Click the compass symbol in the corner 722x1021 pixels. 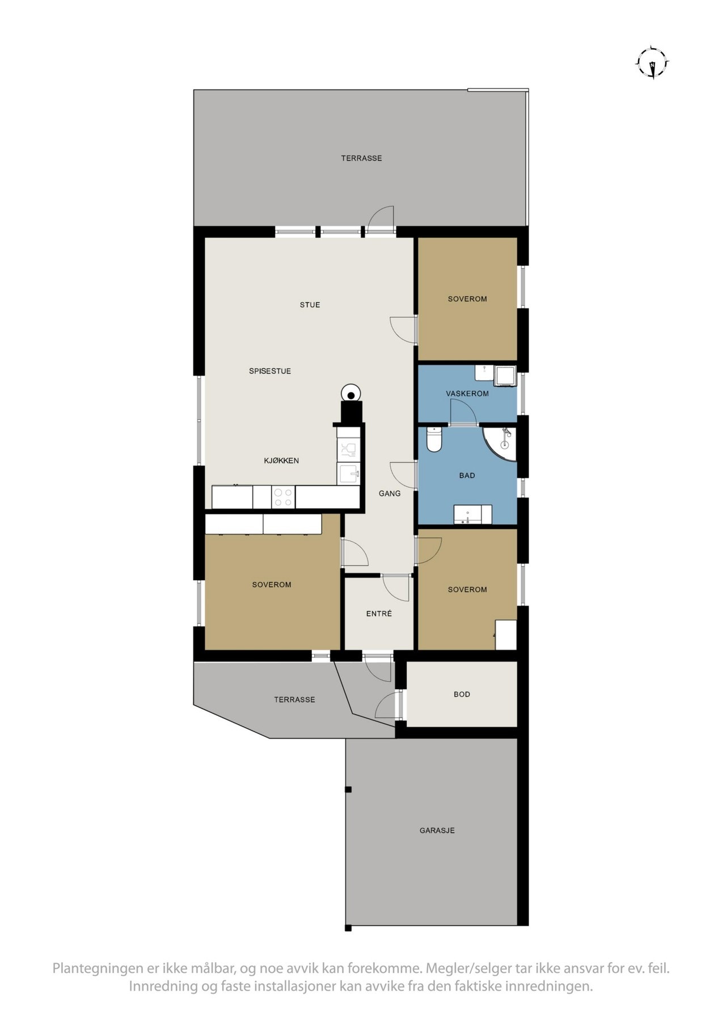tap(653, 62)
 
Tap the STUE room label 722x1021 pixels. tap(310, 305)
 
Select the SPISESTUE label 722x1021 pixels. tap(270, 371)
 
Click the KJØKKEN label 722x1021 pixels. tap(281, 461)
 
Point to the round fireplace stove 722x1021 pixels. tap(351, 393)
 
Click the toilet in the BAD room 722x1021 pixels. tap(434, 439)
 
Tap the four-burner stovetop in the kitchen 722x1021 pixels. tap(283, 497)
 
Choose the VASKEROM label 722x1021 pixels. tap(467, 394)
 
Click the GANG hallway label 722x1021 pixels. tap(390, 493)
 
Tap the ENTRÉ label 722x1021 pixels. tap(379, 614)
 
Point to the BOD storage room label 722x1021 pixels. tap(462, 694)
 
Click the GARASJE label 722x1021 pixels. tap(437, 830)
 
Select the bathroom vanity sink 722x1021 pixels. tap(472, 514)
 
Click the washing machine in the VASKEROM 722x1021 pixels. tap(504, 376)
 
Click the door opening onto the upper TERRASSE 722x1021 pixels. tap(380, 218)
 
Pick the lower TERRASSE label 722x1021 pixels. tap(294, 700)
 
